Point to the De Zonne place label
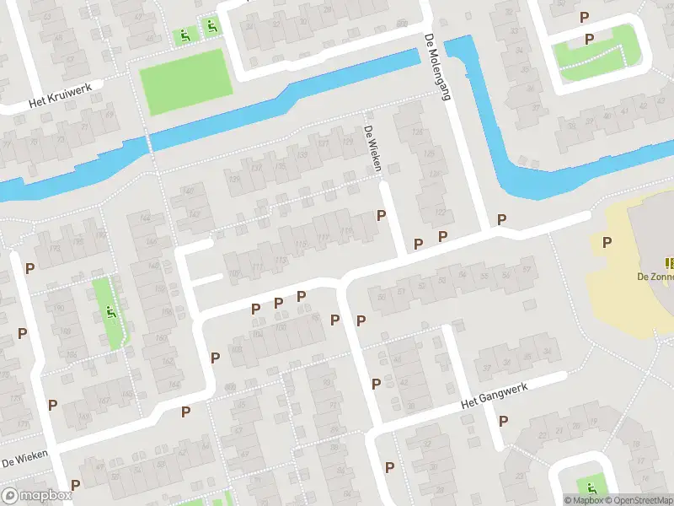[x=655, y=276]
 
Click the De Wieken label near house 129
[x=373, y=149]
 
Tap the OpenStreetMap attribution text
[x=639, y=500]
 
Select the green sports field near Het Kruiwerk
[x=185, y=81]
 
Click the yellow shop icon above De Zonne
[x=670, y=263]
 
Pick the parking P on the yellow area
[x=607, y=243]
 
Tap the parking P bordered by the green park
[x=589, y=39]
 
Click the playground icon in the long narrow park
[x=110, y=313]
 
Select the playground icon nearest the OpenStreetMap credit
[x=591, y=487]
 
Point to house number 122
[x=439, y=213]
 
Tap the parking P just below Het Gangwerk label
[x=504, y=421]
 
